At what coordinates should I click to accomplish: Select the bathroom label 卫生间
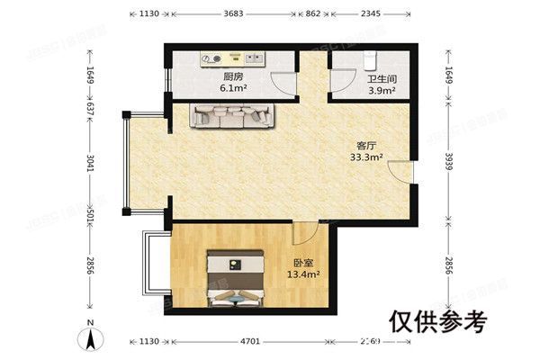(379, 78)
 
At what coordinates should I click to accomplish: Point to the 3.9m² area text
(379, 89)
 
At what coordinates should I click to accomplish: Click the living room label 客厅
(367, 145)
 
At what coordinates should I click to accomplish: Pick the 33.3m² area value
(367, 157)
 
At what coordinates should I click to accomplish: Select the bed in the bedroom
(235, 279)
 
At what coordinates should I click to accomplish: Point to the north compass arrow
(89, 340)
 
